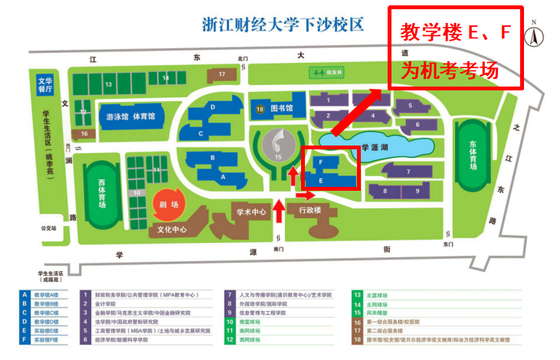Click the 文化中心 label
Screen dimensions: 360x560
tap(172, 229)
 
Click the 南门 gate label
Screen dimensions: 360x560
tap(278, 250)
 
